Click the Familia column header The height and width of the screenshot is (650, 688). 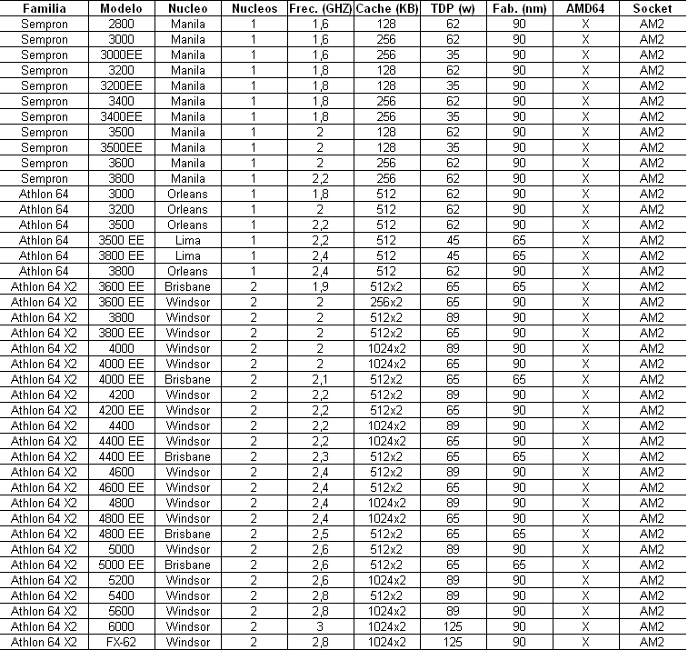[44, 8]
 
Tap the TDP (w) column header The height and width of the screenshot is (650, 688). [453, 8]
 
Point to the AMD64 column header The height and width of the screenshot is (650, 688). [585, 8]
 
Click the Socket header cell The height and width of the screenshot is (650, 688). [652, 8]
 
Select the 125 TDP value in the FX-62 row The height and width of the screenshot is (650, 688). [453, 642]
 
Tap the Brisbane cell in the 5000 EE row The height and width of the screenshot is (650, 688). [188, 565]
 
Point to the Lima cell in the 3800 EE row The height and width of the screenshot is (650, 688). [188, 255]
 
